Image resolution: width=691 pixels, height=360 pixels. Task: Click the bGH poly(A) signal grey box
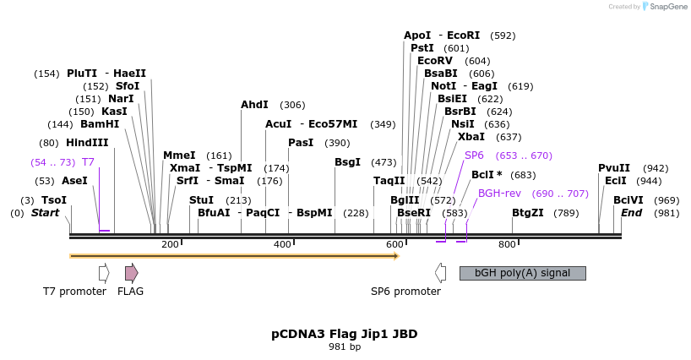522,273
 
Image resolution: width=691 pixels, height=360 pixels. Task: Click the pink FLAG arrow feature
131,272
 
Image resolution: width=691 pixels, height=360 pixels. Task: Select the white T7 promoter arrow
104,272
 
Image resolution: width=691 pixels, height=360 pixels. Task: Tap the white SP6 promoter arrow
440,272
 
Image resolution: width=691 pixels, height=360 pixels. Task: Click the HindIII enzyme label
87,142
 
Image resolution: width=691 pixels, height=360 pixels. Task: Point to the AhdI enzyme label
254,105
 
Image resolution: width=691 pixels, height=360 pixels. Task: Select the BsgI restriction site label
347,161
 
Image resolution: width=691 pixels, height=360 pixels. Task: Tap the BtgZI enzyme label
528,213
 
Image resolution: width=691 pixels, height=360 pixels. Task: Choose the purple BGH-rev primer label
497,194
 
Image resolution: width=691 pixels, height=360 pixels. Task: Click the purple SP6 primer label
474,155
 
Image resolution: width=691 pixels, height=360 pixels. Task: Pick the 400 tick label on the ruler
282,244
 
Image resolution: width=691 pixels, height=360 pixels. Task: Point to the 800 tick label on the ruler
507,244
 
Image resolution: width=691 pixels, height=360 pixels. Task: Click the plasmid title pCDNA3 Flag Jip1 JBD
345,334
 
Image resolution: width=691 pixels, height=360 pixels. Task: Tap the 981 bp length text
345,346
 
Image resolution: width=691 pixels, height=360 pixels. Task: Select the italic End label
632,213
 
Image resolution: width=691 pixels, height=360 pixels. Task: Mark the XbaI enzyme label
471,136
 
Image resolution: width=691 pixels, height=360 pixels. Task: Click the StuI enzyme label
202,200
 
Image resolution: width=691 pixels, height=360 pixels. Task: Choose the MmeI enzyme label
179,155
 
